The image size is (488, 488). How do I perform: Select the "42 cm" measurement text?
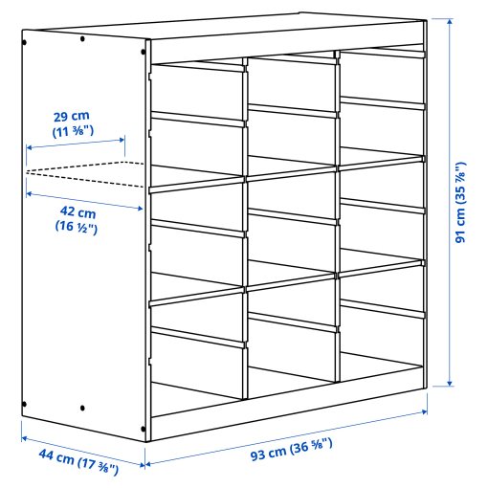tap(76, 212)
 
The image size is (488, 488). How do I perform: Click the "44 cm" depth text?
tap(58, 459)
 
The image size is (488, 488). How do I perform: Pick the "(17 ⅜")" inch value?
tap(97, 467)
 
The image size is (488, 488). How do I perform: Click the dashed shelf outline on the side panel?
tap(86, 173)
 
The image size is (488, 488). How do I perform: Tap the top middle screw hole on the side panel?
tap(84, 39)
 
